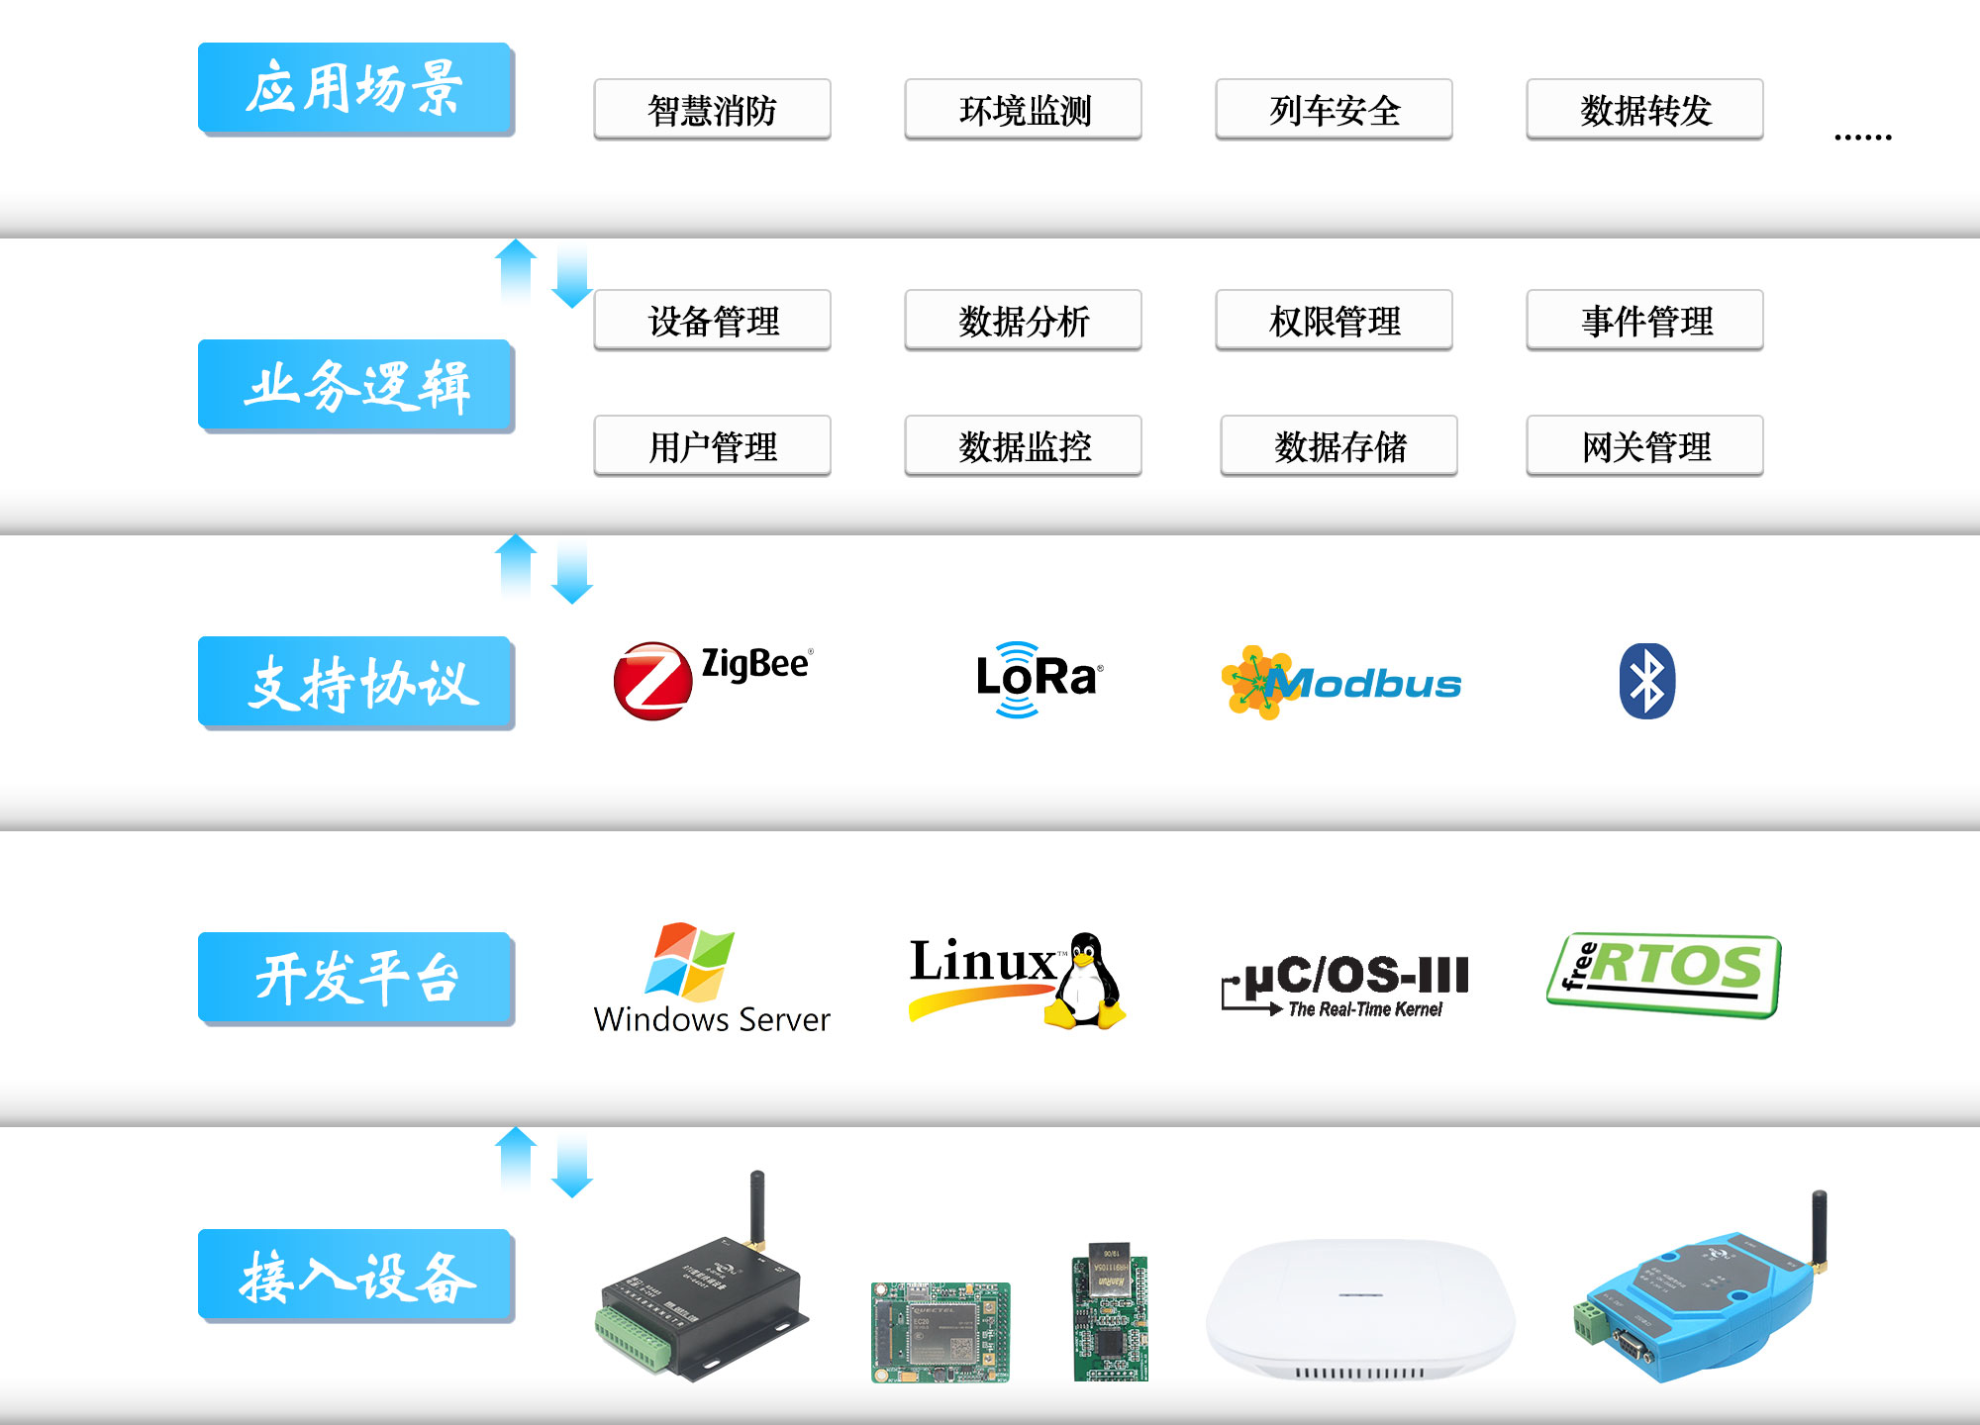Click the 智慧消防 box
712,110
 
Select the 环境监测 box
1023,110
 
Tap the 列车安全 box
1334,110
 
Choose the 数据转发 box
1644,110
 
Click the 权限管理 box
1334,321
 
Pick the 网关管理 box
1644,446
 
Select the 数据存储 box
1338,446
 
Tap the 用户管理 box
712,446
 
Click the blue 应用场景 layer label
355,88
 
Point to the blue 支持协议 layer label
355,683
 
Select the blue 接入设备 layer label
355,1276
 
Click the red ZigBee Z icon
652,681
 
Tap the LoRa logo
1037,679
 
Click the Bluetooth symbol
1646,681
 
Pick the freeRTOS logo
1664,974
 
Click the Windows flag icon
690,961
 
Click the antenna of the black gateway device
757,1207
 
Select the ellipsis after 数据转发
1862,137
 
